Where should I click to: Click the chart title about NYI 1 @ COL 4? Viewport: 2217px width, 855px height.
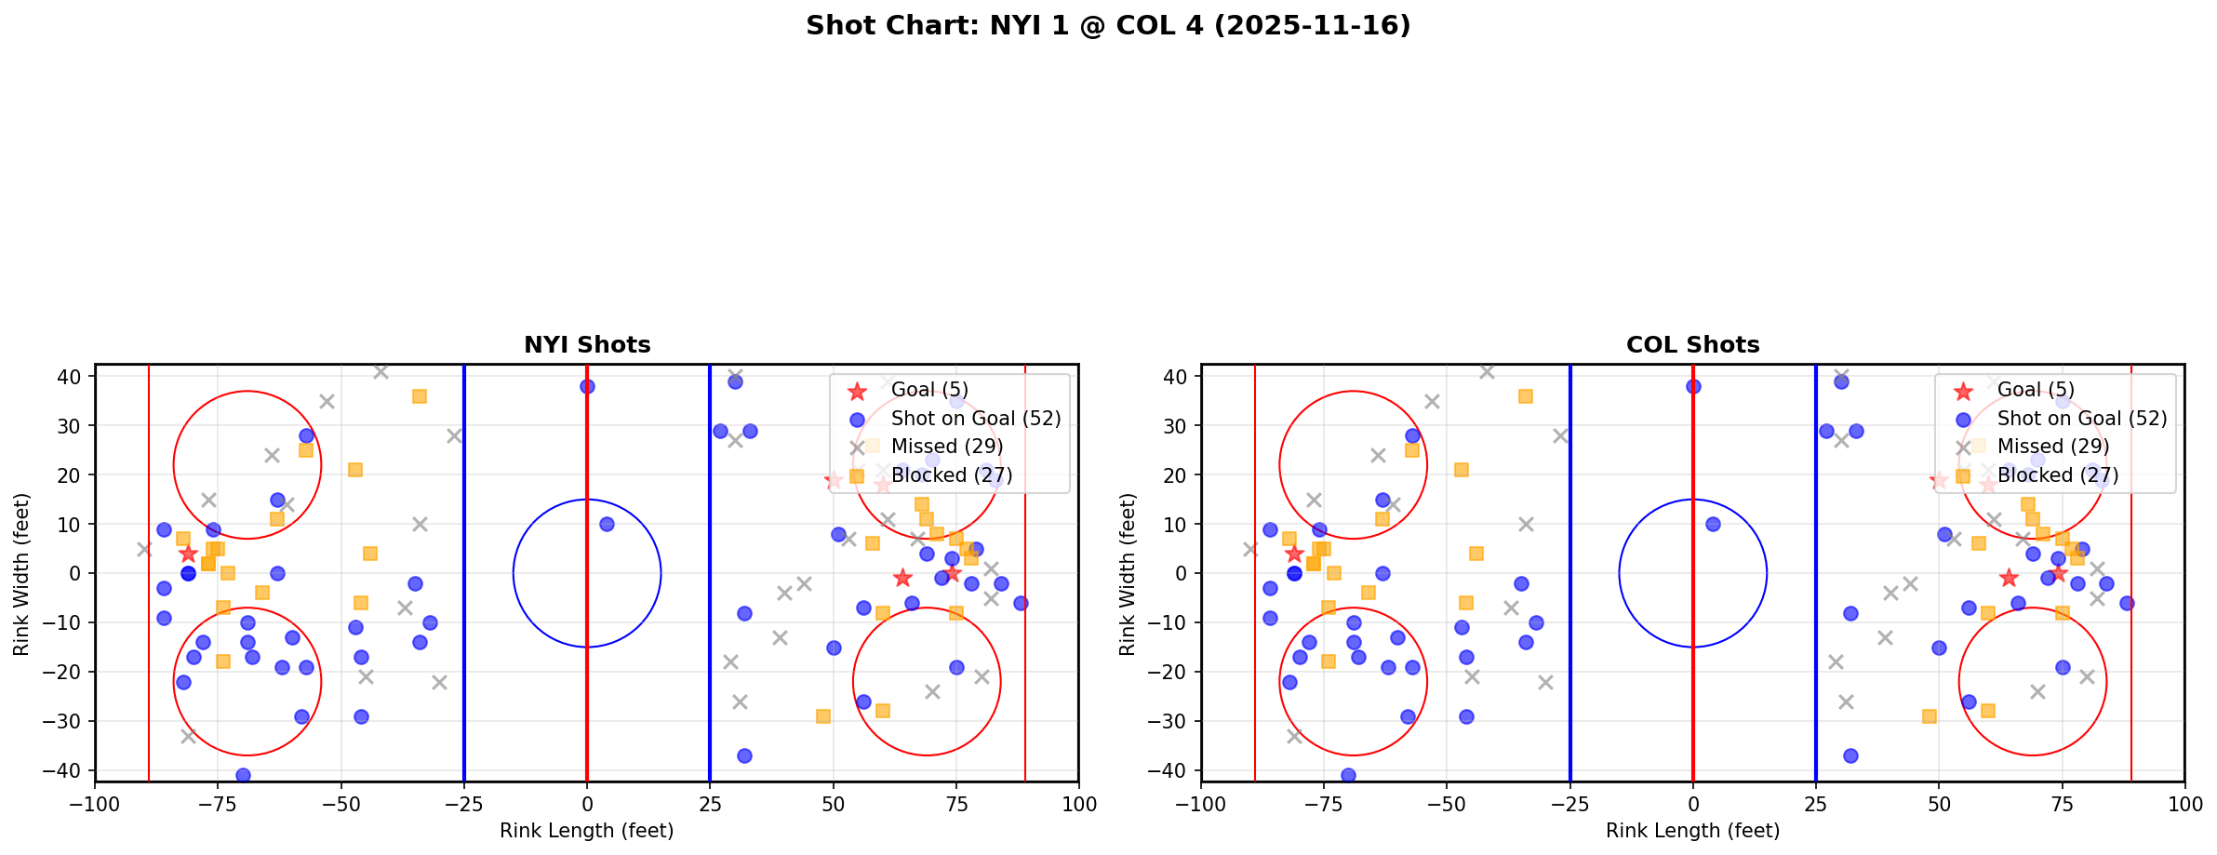tap(1108, 25)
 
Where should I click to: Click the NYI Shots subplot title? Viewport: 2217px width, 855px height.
tap(587, 345)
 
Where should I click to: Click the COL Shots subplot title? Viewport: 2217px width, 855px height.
tap(1692, 345)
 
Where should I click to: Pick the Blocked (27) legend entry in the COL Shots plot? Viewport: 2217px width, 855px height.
tap(2057, 475)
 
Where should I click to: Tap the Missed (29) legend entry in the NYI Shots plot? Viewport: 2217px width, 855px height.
tap(946, 447)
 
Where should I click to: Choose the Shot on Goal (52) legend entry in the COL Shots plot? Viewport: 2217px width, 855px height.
tap(2081, 419)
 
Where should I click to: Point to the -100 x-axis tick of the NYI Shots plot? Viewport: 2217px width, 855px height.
tap(95, 804)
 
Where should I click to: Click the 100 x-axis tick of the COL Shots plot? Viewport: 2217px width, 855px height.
tap(2184, 804)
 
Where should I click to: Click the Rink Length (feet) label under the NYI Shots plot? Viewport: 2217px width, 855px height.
tap(587, 831)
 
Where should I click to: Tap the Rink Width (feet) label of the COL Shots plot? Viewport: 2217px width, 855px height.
tap(1127, 574)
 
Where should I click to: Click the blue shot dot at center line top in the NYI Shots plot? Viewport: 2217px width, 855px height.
tap(587, 386)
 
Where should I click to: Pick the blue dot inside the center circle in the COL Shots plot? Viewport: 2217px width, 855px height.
tap(1713, 524)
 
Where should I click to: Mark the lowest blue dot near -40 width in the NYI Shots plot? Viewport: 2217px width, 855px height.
tap(243, 775)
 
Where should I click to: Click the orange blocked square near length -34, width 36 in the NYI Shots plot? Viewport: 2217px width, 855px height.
tap(420, 396)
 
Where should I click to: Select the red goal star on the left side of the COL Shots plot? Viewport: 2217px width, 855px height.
tap(1294, 554)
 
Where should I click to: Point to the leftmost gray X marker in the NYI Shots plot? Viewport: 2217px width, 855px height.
tap(144, 549)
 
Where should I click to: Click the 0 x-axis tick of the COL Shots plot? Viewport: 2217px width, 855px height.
tap(1692, 804)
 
